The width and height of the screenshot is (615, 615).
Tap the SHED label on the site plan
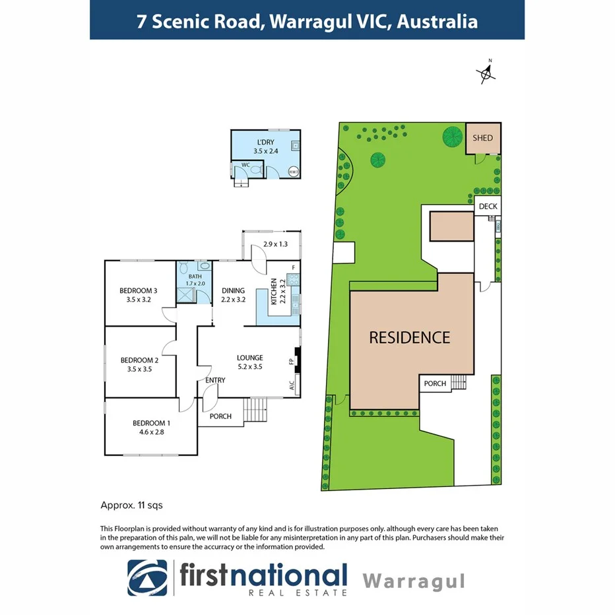tap(482, 139)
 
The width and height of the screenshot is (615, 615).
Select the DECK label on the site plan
tap(488, 207)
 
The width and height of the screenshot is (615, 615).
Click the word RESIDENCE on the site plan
tap(409, 338)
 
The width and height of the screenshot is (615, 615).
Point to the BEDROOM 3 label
tap(138, 290)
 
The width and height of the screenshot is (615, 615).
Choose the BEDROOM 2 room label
tap(139, 360)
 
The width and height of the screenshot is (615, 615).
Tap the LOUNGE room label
tap(250, 358)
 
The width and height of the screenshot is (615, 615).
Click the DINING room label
tap(233, 290)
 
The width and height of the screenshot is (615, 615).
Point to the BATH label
tap(195, 276)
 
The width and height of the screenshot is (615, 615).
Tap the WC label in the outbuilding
tap(245, 164)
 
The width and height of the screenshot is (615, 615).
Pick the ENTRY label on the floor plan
tap(215, 380)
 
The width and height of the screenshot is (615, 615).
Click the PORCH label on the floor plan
tap(220, 416)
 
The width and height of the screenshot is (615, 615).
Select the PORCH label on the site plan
tap(435, 383)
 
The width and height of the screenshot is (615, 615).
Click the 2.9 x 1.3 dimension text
tap(276, 244)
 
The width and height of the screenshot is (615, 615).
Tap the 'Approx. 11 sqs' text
tap(131, 505)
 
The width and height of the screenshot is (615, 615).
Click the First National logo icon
tap(148, 578)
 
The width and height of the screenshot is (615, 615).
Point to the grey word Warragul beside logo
tap(414, 581)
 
